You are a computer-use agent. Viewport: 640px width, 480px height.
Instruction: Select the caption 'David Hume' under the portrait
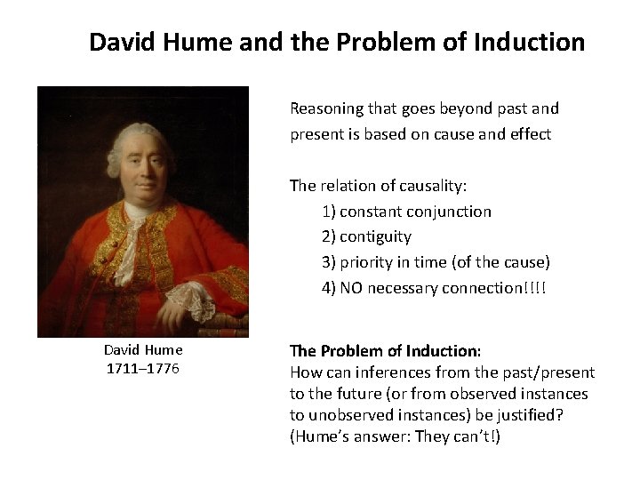pyautogui.click(x=143, y=350)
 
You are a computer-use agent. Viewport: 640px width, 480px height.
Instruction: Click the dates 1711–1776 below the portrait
pyautogui.click(x=143, y=368)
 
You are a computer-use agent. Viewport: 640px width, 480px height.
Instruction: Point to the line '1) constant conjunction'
pyautogui.click(x=406, y=212)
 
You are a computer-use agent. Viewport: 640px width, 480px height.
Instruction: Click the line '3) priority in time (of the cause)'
pyautogui.click(x=436, y=262)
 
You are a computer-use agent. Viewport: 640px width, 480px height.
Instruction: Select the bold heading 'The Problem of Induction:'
pyautogui.click(x=386, y=350)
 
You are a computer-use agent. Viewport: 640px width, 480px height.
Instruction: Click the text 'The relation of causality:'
pyautogui.click(x=379, y=186)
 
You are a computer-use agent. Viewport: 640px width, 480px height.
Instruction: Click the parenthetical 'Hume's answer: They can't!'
pyautogui.click(x=395, y=437)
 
